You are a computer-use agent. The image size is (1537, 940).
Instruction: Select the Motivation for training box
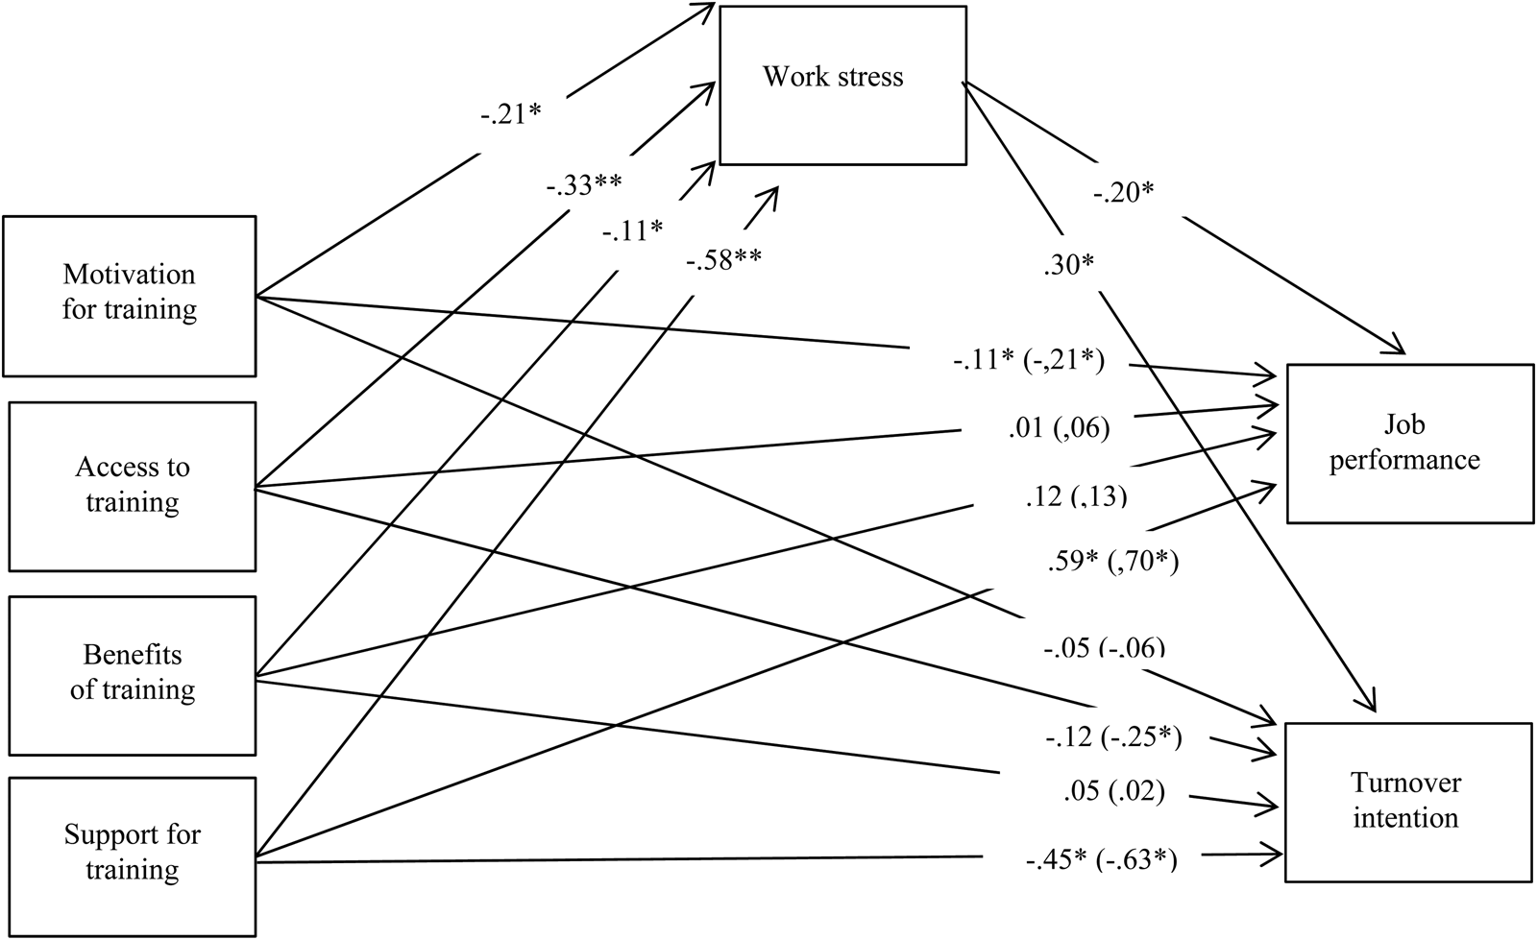130,295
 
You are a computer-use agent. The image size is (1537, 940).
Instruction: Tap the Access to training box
133,486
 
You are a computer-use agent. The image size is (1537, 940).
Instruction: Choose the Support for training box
133,853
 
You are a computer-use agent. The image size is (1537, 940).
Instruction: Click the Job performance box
1409,443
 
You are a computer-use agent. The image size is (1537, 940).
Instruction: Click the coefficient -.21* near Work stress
511,114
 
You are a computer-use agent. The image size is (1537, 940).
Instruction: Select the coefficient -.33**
584,184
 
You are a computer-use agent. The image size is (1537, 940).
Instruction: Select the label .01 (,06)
1059,427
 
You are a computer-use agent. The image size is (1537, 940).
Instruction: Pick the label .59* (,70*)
1111,561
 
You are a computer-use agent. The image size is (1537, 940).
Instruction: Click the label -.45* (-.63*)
1101,860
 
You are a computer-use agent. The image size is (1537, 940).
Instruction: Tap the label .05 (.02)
1113,791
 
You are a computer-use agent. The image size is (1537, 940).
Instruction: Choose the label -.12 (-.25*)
1113,737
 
